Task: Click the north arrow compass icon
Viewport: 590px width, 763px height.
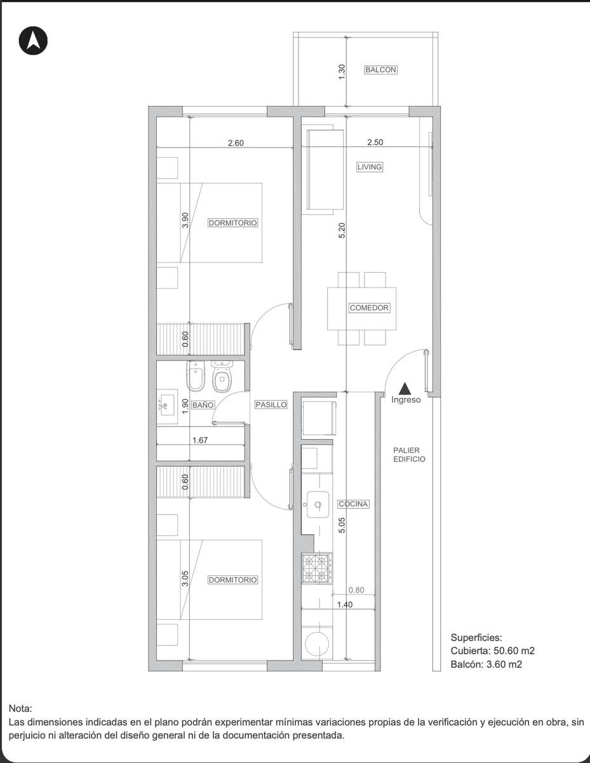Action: coord(33,41)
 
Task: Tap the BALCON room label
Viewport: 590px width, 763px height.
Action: coord(380,69)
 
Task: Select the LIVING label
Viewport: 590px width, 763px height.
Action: coord(370,167)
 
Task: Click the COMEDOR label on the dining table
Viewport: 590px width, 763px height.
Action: coord(369,308)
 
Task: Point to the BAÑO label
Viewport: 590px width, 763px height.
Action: coord(203,405)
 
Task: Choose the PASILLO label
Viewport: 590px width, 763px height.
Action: coord(271,404)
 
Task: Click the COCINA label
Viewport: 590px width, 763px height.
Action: coord(353,504)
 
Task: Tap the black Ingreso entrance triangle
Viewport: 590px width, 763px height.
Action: coord(405,388)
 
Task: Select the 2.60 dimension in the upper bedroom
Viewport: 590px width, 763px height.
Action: coord(236,142)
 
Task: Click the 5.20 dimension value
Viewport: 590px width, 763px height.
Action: coord(342,230)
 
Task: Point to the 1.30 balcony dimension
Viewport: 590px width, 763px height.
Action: coord(342,71)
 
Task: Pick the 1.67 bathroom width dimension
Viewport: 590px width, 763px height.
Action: coord(200,440)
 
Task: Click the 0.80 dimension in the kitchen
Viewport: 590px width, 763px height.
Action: coord(356,590)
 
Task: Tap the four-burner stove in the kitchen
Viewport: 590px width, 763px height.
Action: coord(317,568)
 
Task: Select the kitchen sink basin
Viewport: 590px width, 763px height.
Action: coord(318,505)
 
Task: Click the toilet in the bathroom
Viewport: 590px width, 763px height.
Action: coord(222,376)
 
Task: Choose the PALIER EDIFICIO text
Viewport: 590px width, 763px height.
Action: coord(409,455)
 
